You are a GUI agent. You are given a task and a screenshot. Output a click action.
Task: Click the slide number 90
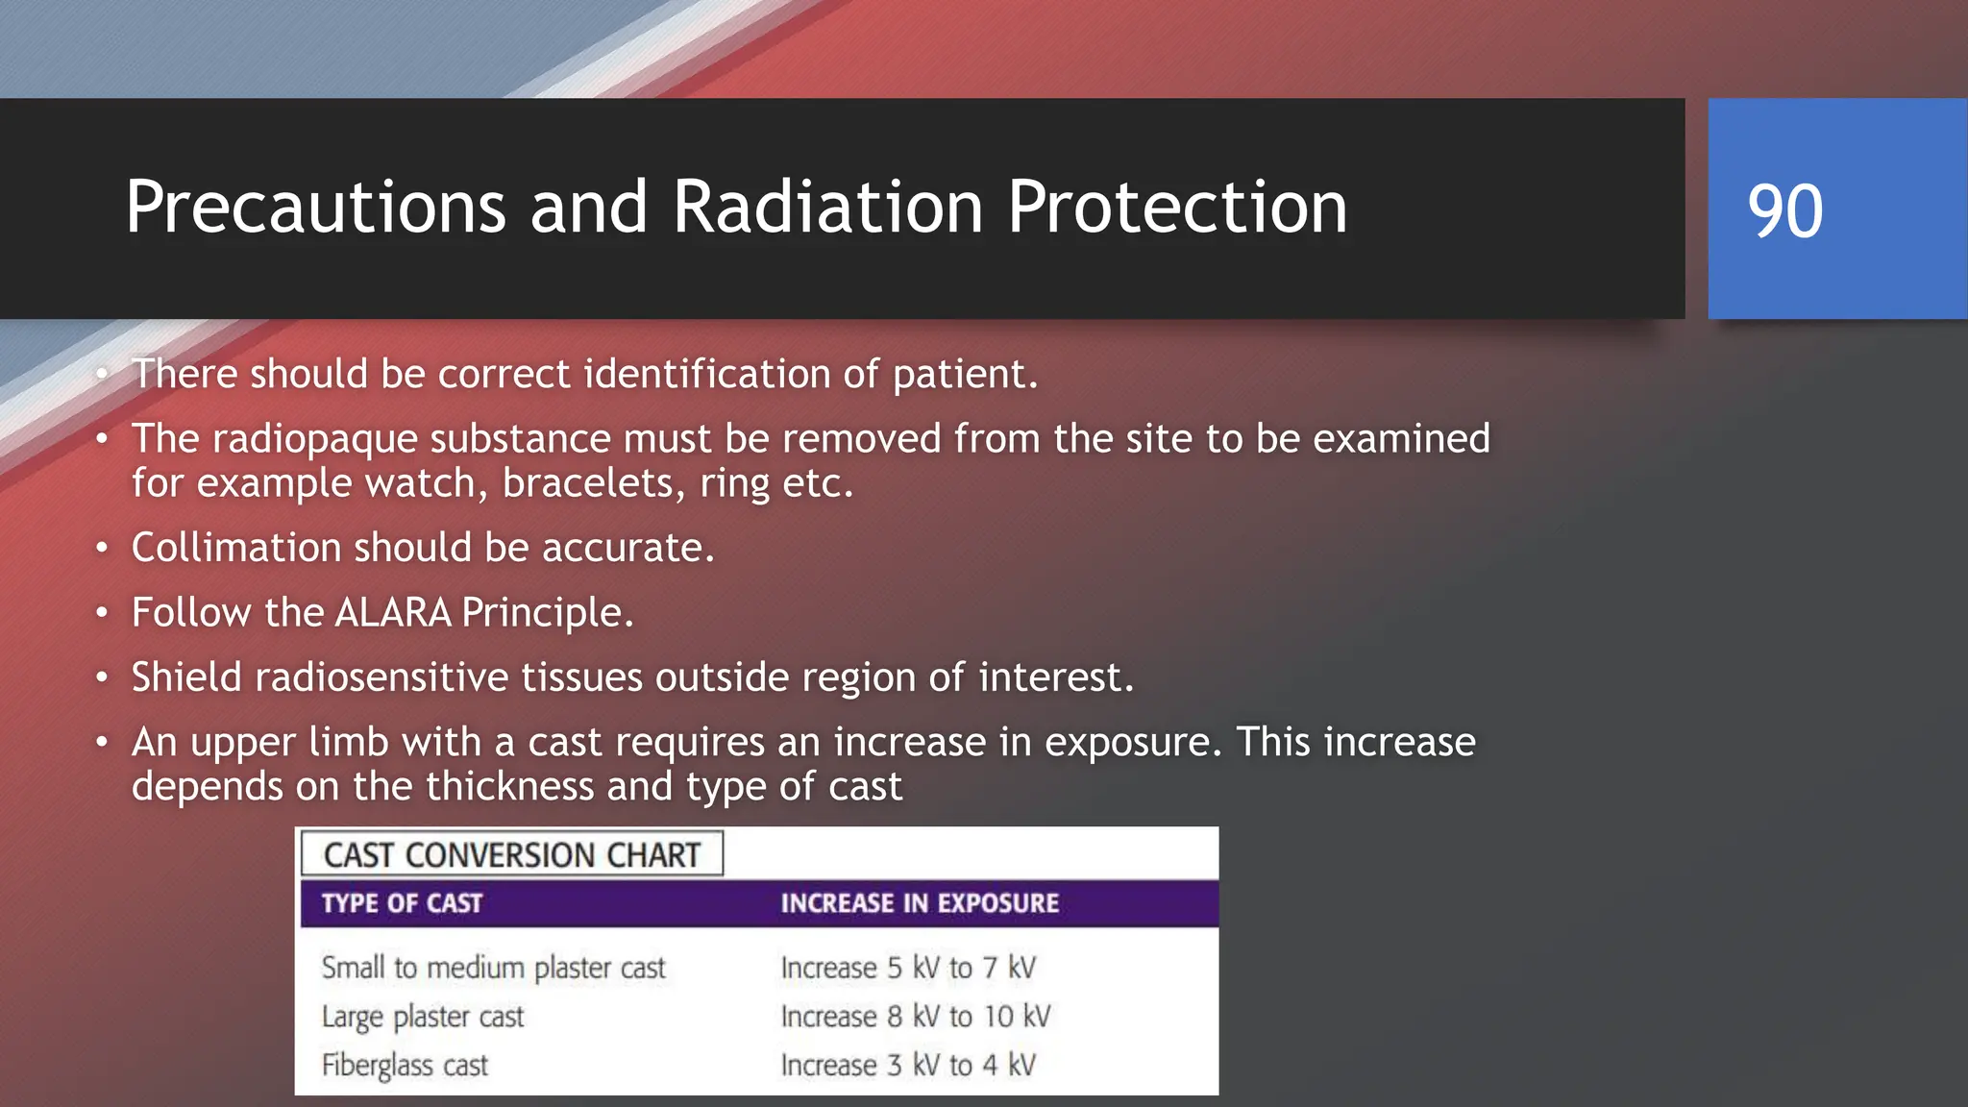1784,210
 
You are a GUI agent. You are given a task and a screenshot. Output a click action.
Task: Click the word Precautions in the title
315,208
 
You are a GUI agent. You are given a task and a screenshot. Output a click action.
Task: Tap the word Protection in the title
1176,208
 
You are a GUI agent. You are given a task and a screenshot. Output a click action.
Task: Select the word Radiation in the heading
827,208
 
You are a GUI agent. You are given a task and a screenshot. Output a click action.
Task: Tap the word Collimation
235,548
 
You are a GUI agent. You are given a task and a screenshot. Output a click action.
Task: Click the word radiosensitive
381,677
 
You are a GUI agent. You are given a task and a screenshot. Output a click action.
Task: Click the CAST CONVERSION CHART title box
512,854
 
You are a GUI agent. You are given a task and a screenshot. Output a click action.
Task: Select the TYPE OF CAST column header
402,903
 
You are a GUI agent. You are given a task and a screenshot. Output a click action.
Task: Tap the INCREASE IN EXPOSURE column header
919,903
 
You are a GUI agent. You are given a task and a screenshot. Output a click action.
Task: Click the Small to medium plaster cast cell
493,968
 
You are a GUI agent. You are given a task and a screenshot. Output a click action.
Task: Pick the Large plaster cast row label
423,1017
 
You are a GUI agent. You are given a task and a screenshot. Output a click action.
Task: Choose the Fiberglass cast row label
405,1066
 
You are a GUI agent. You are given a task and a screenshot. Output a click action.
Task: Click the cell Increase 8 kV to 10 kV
916,1017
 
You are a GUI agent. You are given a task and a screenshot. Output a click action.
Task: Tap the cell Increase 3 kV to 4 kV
908,1066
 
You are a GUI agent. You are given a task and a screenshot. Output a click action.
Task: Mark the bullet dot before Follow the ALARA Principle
102,613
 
